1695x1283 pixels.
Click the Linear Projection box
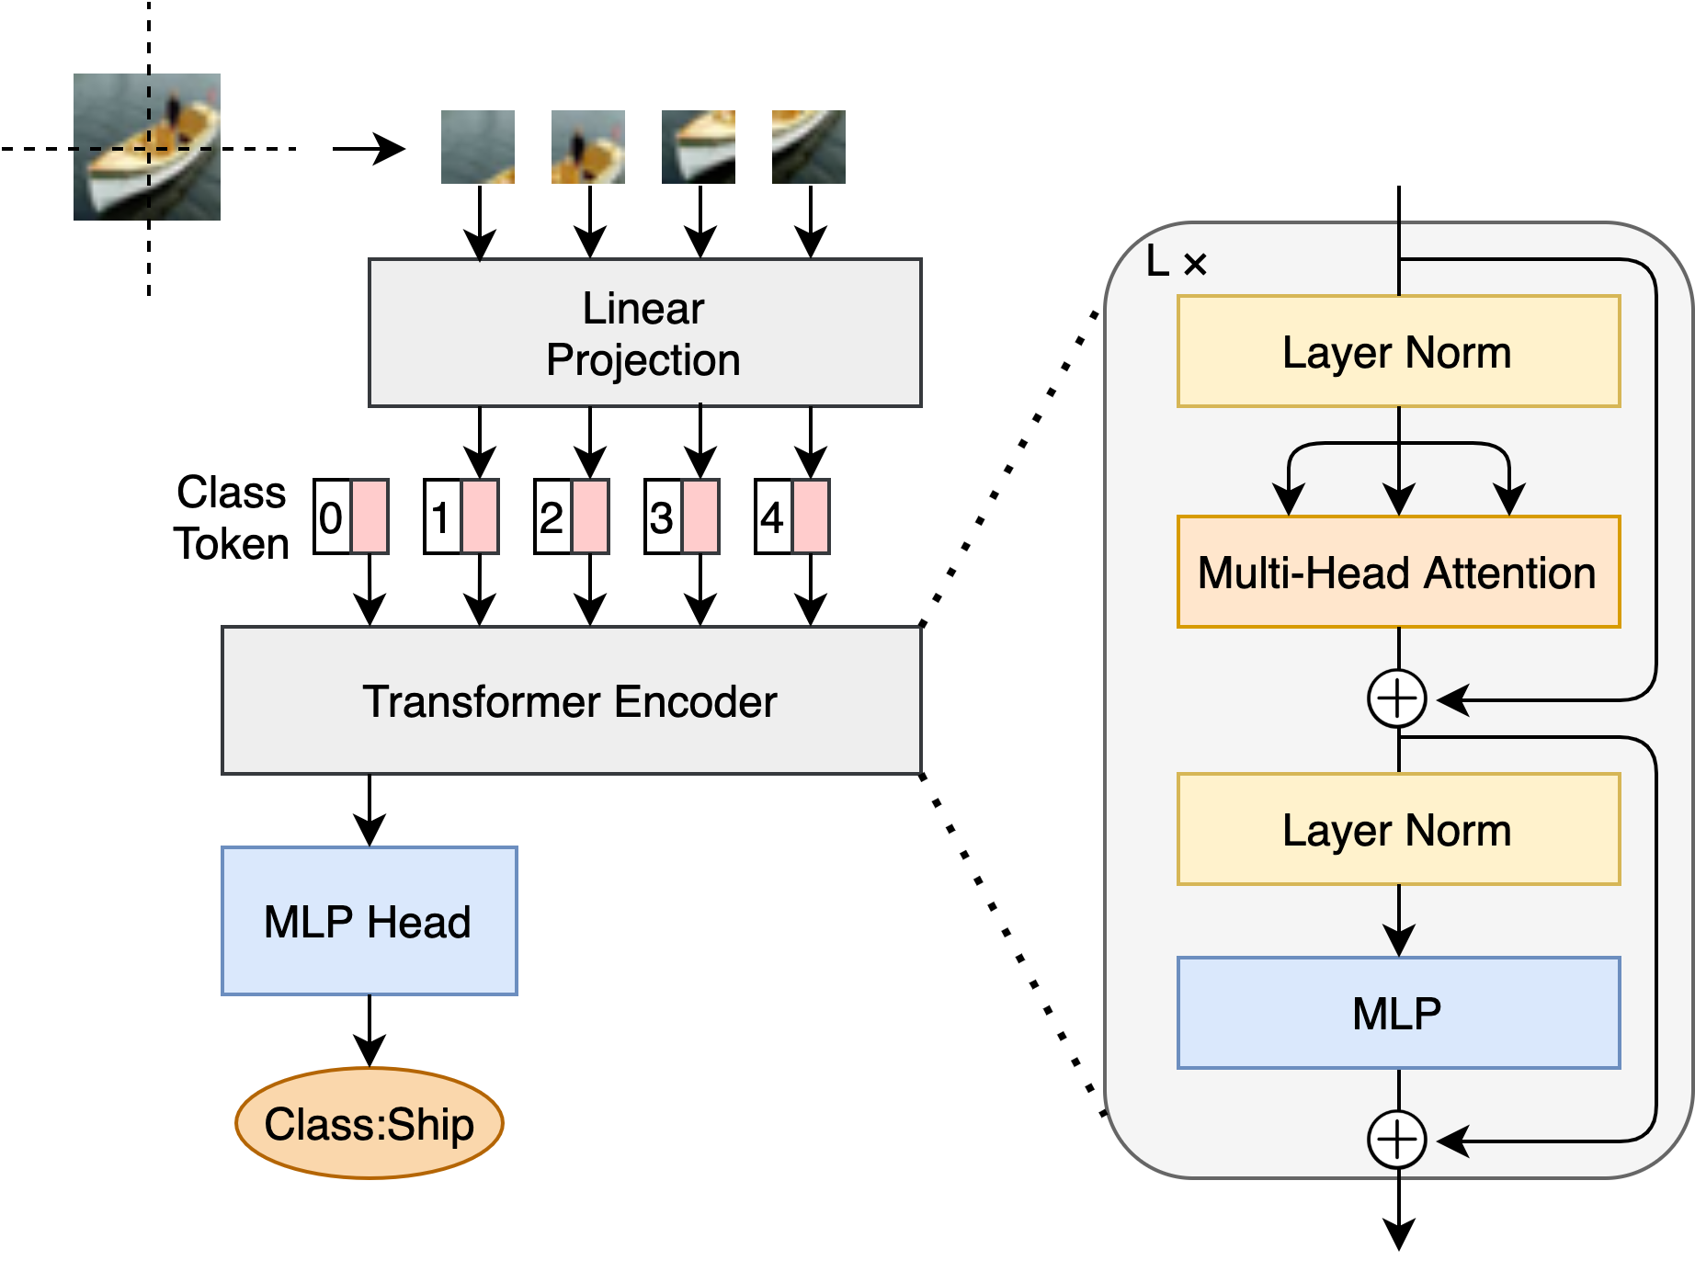click(644, 333)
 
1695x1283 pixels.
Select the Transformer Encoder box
click(571, 700)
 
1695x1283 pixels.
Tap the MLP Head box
click(369, 921)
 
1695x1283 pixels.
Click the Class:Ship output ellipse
click(369, 1123)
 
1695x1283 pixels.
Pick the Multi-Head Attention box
click(1398, 572)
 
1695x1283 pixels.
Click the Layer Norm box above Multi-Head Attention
click(1398, 351)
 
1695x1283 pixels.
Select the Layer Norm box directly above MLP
click(1398, 829)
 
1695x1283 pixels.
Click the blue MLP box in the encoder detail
click(1398, 1013)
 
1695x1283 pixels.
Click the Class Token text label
click(232, 517)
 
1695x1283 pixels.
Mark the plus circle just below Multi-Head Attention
click(1397, 698)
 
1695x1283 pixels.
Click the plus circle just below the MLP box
click(1397, 1140)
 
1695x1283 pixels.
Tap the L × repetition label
click(1176, 263)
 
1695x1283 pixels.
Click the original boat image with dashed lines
click(147, 147)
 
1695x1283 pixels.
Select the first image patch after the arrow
click(478, 147)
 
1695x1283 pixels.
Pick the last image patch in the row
click(809, 147)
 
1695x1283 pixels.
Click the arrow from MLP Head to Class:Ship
click(370, 1030)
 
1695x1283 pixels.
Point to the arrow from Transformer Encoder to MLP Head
click(370, 810)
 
